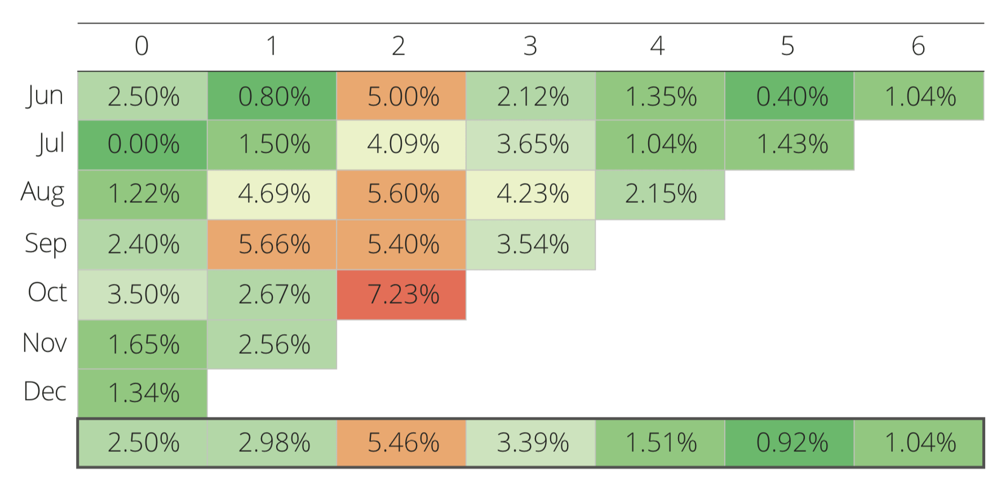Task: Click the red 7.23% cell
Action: (402, 295)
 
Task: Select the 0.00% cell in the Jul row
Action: (143, 145)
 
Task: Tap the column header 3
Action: (530, 46)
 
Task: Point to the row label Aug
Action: (43, 193)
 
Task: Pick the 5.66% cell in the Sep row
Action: (273, 245)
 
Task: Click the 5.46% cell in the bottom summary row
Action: (402, 443)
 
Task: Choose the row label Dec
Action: (45, 392)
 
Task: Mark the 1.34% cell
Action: (143, 393)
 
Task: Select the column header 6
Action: (918, 46)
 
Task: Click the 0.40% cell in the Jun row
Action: (790, 96)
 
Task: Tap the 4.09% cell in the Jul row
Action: (402, 145)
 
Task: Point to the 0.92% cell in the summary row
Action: (790, 443)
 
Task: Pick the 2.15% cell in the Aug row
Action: (661, 194)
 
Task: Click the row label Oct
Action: (47, 292)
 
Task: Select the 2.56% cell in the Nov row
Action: (273, 345)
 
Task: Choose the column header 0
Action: (141, 46)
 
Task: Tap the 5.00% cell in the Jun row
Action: (402, 96)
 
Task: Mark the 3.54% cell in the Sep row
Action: (531, 245)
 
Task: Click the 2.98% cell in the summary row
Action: (273, 443)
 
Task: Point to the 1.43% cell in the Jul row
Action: (790, 145)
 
